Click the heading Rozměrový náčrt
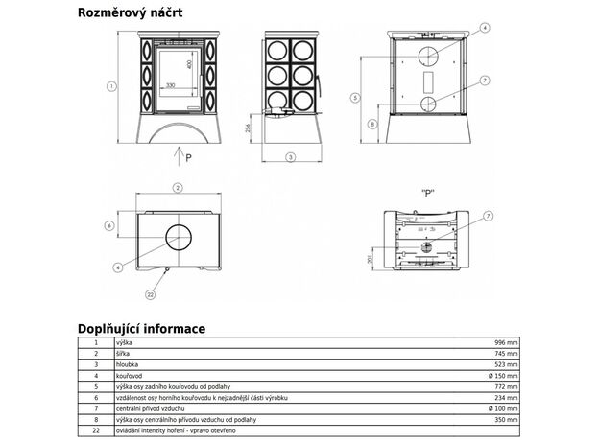[x=135, y=12]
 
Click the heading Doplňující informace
[x=142, y=328]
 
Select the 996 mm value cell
[x=505, y=342]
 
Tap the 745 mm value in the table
[x=505, y=354]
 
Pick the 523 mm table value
[x=505, y=364]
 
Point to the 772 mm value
[x=505, y=386]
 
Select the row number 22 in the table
[x=96, y=430]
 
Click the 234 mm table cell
[x=505, y=397]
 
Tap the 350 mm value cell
[x=505, y=419]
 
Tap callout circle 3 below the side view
[x=289, y=157]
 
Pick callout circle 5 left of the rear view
[x=355, y=97]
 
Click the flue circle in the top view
[x=177, y=236]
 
